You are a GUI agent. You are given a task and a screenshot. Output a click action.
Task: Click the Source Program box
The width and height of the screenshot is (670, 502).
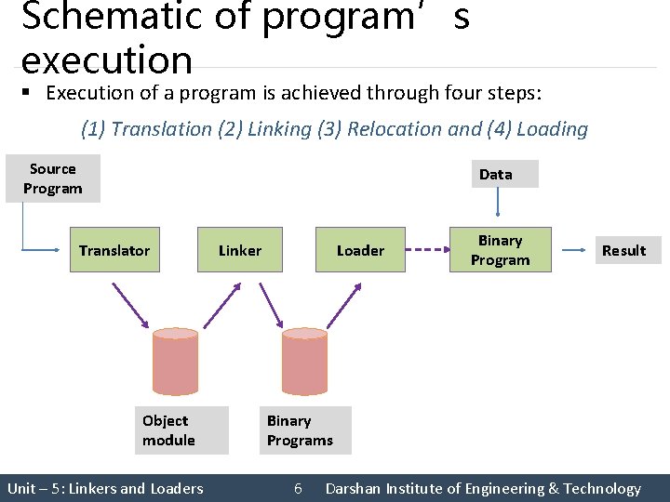coord(52,178)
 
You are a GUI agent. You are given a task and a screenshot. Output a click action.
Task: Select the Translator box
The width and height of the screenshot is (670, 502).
coord(114,250)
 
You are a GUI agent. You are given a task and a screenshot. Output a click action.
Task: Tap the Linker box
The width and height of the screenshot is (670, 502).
coord(240,250)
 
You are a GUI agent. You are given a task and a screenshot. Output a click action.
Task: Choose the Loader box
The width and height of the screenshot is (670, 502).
coord(360,250)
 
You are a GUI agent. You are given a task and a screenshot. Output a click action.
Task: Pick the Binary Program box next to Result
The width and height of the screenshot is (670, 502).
coord(501,250)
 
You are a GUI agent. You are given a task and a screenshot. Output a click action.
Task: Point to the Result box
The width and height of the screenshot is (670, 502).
coord(623,250)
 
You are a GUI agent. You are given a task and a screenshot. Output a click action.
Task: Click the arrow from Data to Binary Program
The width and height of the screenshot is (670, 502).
coord(499,206)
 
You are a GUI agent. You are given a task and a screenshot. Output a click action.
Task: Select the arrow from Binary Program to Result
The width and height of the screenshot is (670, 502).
coord(573,250)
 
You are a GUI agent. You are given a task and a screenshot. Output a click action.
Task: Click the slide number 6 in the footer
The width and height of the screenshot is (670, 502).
coord(298,488)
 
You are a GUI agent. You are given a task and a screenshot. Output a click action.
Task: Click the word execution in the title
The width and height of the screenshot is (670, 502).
coord(106,61)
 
